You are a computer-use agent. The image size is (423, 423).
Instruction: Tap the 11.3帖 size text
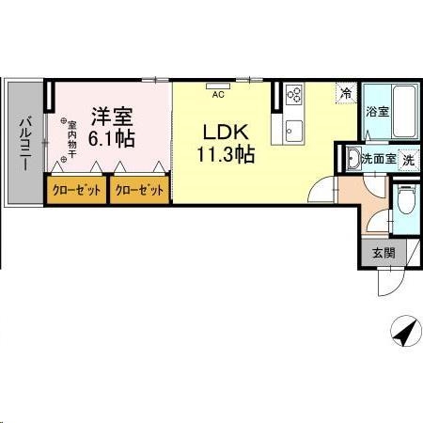point(226,156)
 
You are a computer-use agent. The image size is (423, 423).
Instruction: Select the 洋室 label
point(112,117)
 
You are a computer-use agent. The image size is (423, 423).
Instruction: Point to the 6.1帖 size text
point(112,138)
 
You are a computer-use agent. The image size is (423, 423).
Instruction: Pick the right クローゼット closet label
point(139,190)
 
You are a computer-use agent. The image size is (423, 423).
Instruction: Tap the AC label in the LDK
point(218,94)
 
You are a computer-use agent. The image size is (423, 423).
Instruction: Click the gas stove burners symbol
point(293,94)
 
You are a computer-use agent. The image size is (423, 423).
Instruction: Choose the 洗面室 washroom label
point(379,159)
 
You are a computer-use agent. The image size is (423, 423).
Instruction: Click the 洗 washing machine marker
point(408,159)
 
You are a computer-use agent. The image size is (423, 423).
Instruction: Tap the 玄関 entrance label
point(383,252)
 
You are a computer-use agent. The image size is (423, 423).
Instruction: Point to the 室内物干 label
point(72,141)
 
